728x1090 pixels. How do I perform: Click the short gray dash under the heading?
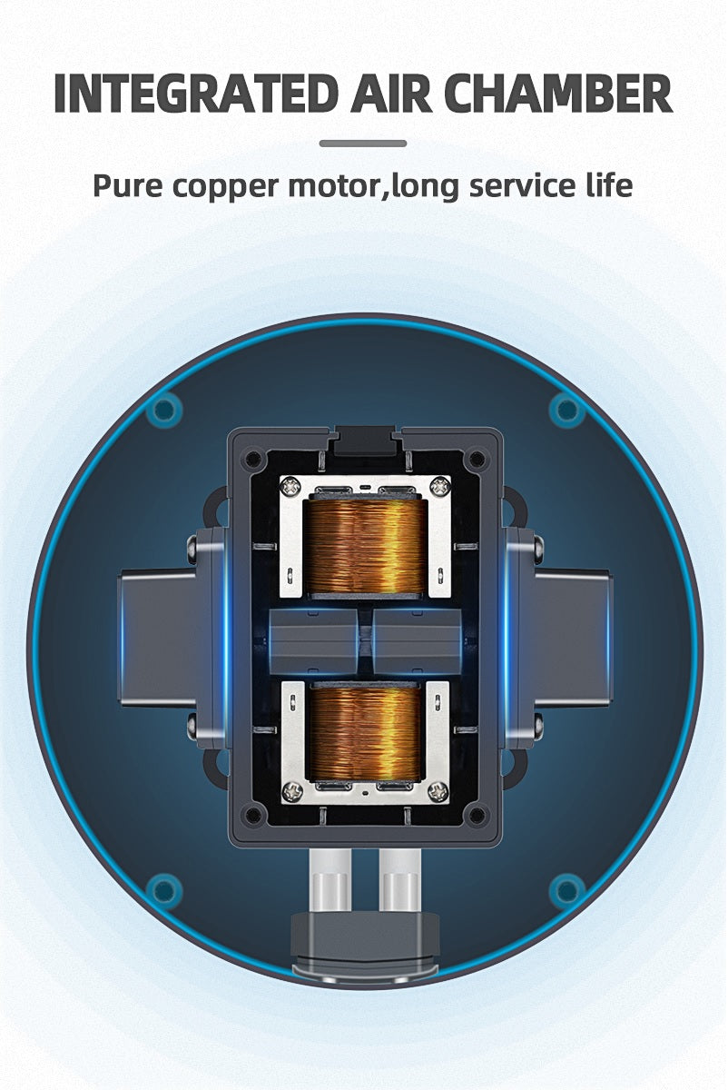tap(363, 143)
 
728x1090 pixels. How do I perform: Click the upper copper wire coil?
tap(364, 546)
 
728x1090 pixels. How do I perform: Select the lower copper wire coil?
tap(364, 730)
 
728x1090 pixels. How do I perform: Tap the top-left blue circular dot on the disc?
tap(164, 411)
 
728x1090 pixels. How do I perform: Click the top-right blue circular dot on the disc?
tap(566, 411)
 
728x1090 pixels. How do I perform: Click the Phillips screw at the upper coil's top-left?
tap(290, 486)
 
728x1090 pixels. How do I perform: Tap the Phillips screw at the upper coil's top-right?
tap(439, 486)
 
